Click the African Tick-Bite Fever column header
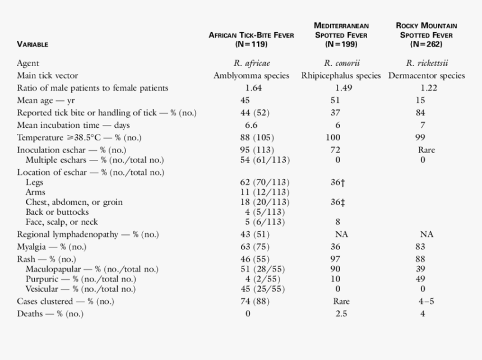(251, 39)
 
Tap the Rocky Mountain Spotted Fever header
(426, 35)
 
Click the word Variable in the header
(33, 44)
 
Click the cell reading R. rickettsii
(427, 63)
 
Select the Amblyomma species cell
(252, 76)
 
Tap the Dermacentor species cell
(427, 76)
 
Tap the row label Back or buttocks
(57, 212)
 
